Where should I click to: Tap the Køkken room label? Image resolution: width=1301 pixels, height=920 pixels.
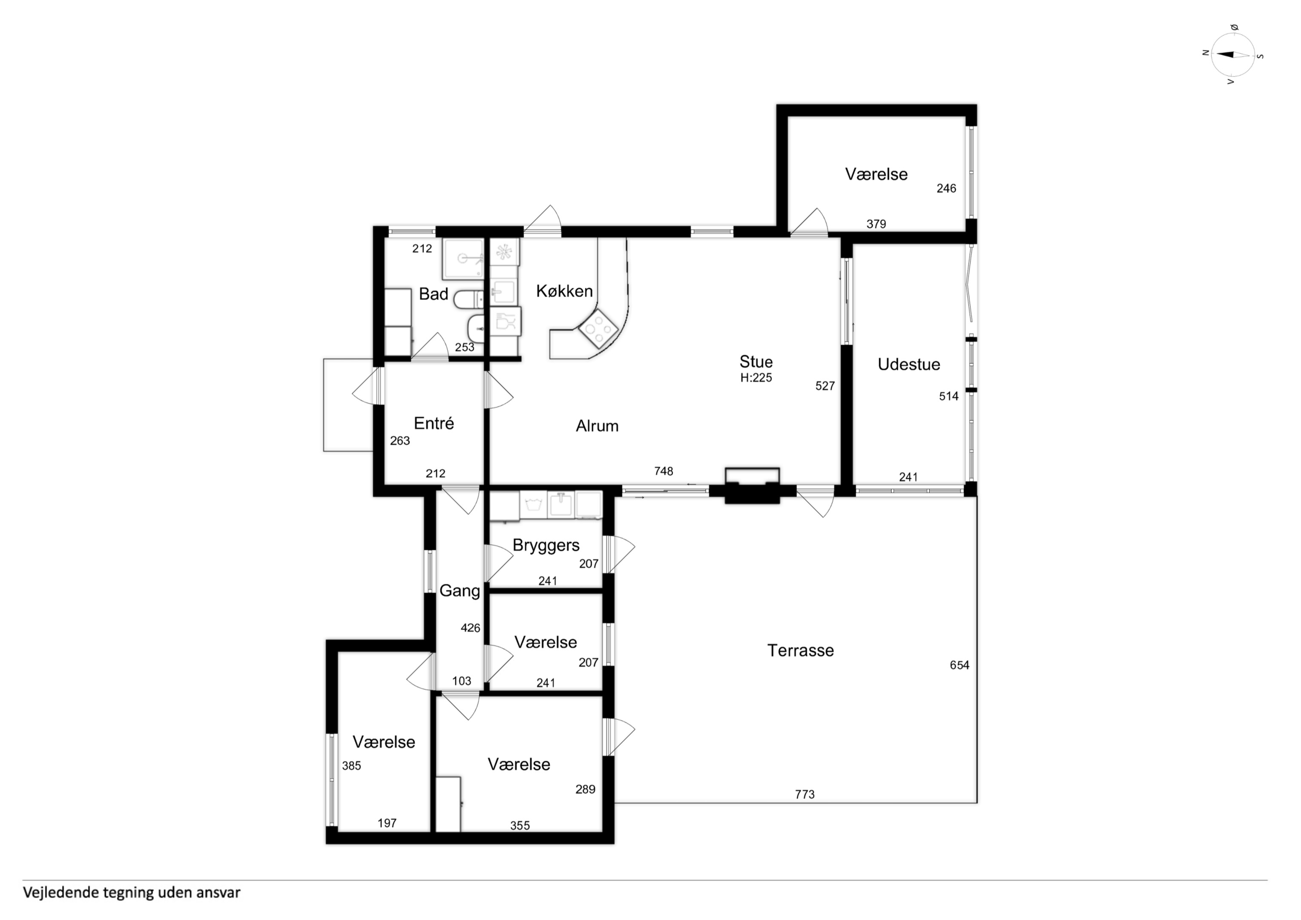(x=564, y=291)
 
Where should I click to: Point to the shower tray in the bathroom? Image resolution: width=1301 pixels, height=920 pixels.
(x=463, y=259)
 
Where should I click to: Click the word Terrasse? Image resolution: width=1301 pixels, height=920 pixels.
(x=800, y=650)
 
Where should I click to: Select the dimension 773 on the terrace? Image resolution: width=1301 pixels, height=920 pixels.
(x=804, y=794)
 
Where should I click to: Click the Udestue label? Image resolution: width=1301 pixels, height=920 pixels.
(x=909, y=365)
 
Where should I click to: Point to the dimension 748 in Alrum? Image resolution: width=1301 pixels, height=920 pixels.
(x=663, y=471)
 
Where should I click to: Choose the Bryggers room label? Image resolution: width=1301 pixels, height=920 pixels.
(x=546, y=545)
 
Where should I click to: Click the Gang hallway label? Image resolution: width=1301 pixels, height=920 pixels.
(x=460, y=591)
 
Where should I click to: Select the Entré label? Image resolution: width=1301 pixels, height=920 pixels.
(x=434, y=423)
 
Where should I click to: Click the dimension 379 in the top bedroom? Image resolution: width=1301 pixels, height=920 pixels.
(x=876, y=224)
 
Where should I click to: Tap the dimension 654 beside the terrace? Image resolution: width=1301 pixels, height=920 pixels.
(x=959, y=665)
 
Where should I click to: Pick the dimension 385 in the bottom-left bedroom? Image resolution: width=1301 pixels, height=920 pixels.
(x=351, y=766)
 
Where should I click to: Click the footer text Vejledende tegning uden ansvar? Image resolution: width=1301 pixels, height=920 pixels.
(x=132, y=892)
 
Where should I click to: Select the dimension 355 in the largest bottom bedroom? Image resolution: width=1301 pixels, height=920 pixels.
(x=520, y=825)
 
